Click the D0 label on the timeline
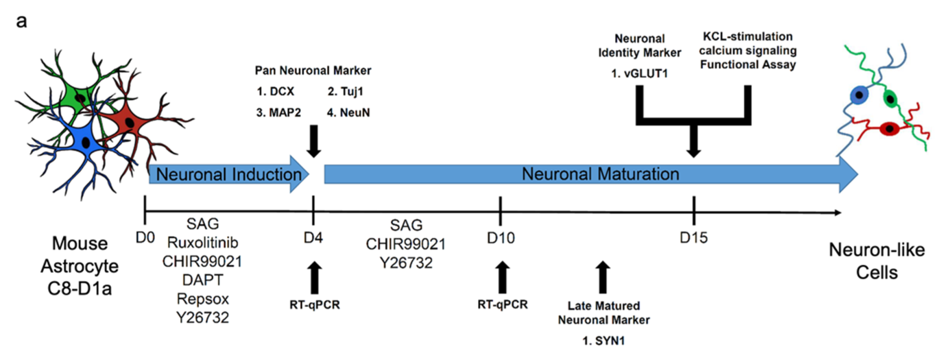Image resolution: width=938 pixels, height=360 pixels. (x=145, y=237)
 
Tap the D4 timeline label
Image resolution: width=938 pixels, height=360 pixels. (x=313, y=238)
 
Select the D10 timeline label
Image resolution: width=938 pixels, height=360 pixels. (x=501, y=238)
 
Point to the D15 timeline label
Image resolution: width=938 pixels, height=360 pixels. (x=693, y=238)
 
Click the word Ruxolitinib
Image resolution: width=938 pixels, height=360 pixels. (x=203, y=243)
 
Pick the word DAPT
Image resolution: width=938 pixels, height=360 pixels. (x=203, y=280)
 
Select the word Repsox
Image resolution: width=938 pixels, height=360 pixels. (x=203, y=299)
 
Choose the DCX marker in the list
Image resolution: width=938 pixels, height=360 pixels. (x=281, y=92)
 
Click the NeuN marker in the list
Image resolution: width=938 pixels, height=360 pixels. (x=354, y=113)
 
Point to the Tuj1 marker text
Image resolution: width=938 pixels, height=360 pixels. (x=352, y=92)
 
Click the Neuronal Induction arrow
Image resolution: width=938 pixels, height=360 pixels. (x=228, y=174)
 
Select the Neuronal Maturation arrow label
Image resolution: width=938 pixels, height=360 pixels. (x=600, y=174)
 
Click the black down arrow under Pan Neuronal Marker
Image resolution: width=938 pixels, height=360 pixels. (x=314, y=141)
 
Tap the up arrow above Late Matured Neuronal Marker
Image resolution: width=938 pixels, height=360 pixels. (x=603, y=277)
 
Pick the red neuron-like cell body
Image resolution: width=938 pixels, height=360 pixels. (x=889, y=129)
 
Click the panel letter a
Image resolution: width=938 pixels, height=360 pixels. (x=22, y=22)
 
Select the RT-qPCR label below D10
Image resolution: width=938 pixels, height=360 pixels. (x=502, y=305)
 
